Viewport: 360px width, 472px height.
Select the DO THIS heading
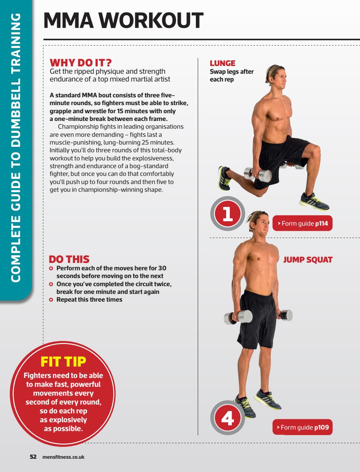pyautogui.click(x=69, y=259)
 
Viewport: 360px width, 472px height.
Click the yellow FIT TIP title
pyautogui.click(x=63, y=361)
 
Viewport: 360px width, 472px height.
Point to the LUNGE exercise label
pyautogui.click(x=222, y=63)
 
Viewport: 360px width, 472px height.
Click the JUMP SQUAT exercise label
pyautogui.click(x=308, y=260)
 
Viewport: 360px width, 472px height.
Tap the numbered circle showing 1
pyautogui.click(x=228, y=214)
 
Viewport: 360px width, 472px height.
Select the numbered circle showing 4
pyautogui.click(x=228, y=419)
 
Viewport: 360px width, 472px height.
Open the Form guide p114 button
pyautogui.click(x=302, y=223)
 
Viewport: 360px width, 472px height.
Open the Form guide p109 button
pyautogui.click(x=302, y=427)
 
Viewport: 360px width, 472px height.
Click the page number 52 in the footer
pyautogui.click(x=33, y=457)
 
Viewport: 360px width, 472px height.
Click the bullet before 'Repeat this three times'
pyautogui.click(x=52, y=300)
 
